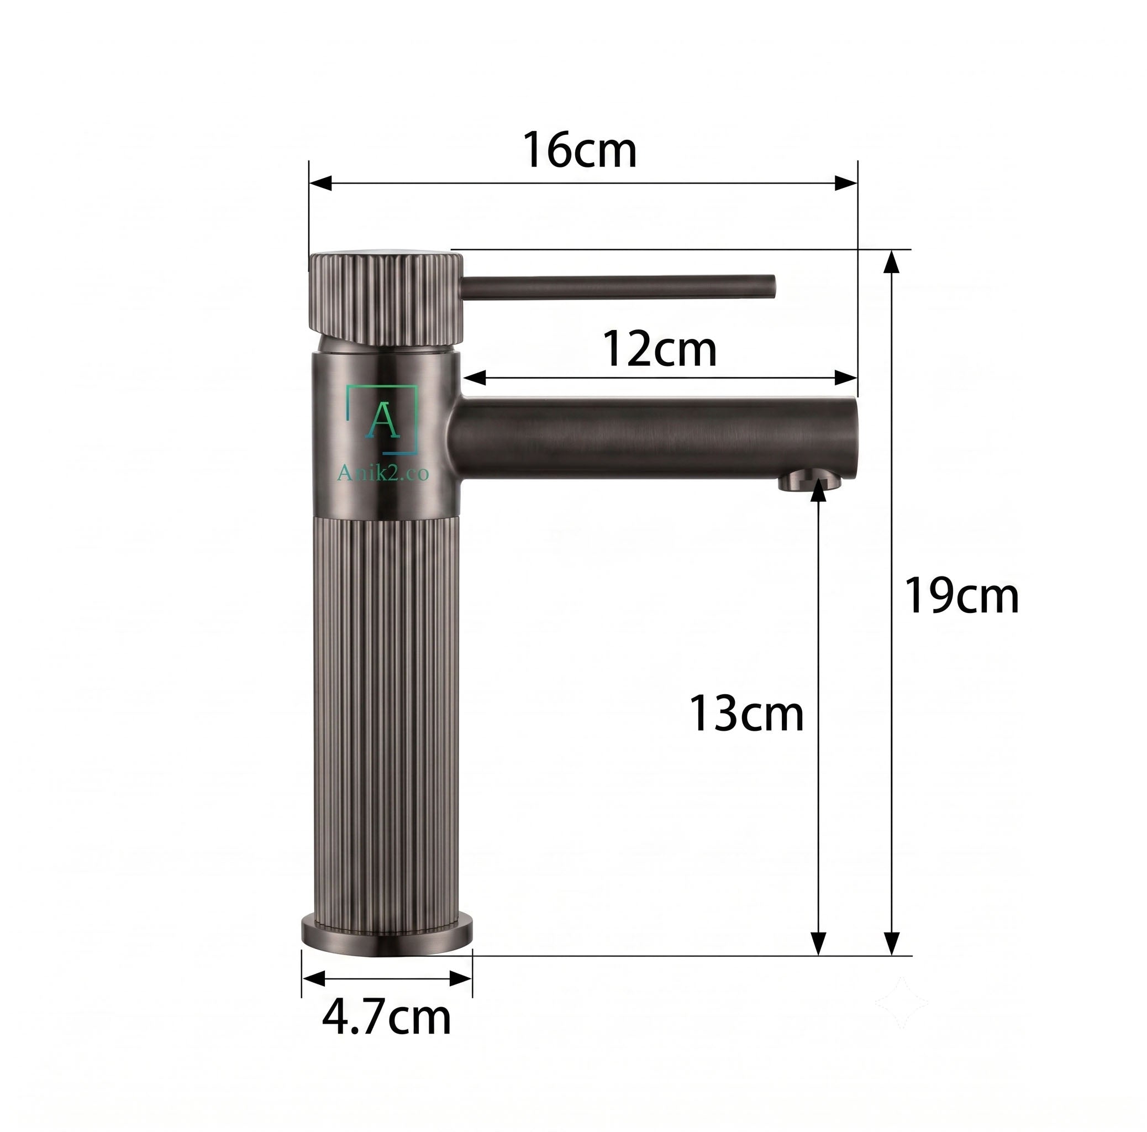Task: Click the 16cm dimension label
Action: (580, 151)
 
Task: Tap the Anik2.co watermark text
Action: (383, 473)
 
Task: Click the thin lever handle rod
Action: (618, 286)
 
